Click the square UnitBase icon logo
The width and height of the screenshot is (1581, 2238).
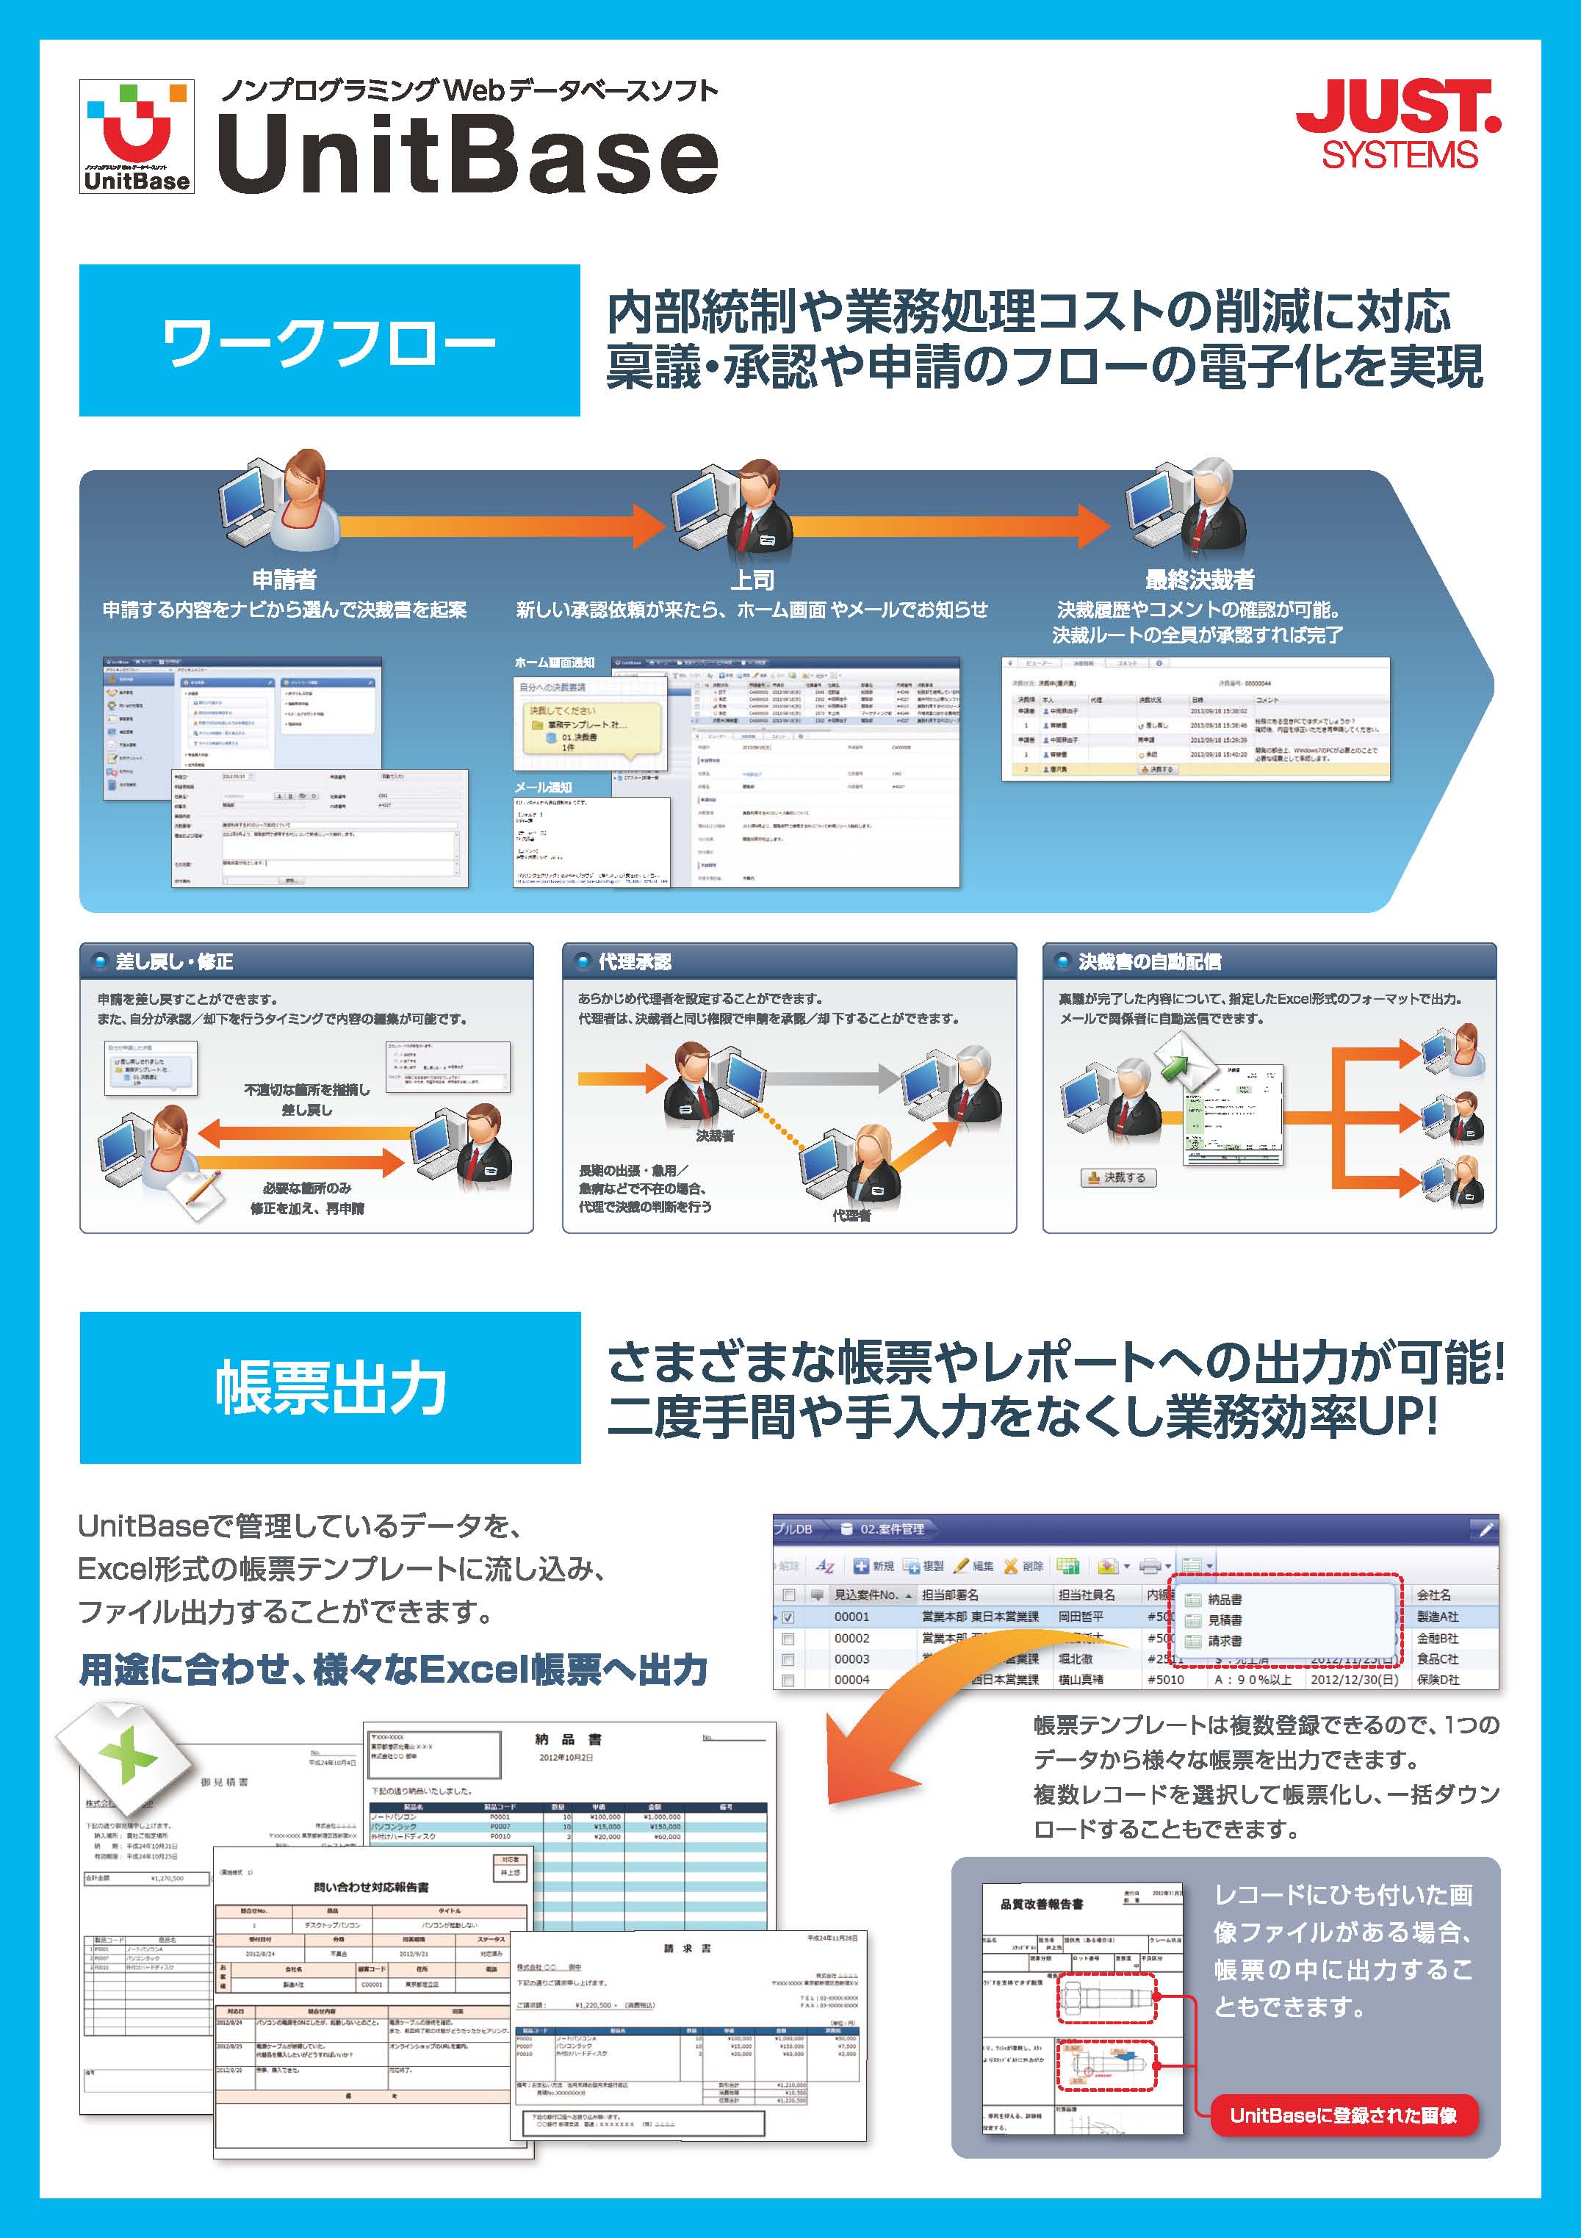137,137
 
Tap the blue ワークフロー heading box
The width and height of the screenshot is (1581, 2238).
329,341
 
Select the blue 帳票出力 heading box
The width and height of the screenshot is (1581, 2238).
329,1387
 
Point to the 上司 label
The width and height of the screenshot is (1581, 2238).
752,580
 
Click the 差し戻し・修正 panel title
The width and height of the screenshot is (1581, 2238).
174,962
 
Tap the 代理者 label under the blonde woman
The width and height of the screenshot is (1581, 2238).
851,1216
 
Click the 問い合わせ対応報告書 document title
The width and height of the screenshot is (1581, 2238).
371,1887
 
